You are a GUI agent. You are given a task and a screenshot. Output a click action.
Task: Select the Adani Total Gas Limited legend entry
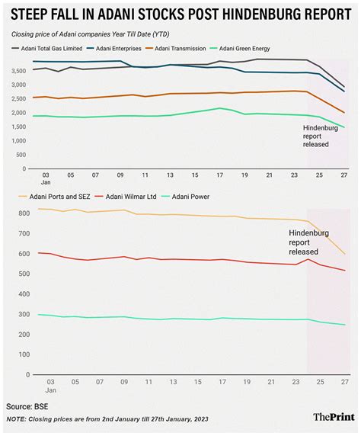47,48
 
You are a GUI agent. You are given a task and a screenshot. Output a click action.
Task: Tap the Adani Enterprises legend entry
114,48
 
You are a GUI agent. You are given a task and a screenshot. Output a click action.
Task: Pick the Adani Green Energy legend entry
241,48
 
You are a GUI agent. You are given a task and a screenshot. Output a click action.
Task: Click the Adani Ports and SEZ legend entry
56,197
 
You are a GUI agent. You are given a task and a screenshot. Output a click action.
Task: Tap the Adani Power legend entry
186,197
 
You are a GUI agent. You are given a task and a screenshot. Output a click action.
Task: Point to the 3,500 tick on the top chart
19,71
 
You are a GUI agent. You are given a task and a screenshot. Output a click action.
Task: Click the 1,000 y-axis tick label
19,141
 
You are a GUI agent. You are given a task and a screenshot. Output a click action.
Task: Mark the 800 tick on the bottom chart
24,213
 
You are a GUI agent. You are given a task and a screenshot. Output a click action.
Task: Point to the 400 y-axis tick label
24,294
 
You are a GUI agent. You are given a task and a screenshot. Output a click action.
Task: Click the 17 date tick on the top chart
220,175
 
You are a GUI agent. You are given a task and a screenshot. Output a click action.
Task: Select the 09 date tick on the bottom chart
124,382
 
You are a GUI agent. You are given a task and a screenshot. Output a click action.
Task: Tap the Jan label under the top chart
46,182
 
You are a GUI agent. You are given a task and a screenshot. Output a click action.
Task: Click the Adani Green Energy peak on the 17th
220,108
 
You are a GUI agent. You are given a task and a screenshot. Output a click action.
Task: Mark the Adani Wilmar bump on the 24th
308,259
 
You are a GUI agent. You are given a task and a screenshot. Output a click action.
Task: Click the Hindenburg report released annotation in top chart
320,136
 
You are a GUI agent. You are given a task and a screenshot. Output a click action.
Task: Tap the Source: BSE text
27,407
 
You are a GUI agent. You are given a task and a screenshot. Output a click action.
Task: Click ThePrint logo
334,417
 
